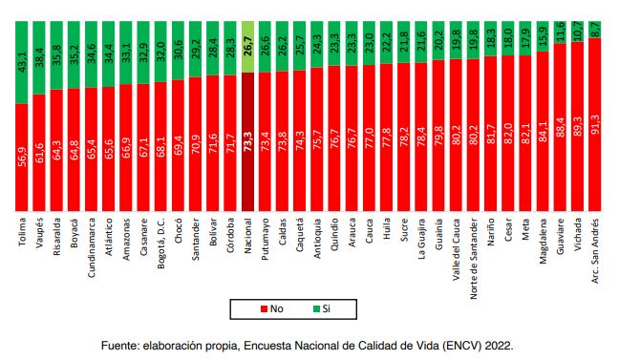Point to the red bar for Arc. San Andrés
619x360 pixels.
pos(594,124)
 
